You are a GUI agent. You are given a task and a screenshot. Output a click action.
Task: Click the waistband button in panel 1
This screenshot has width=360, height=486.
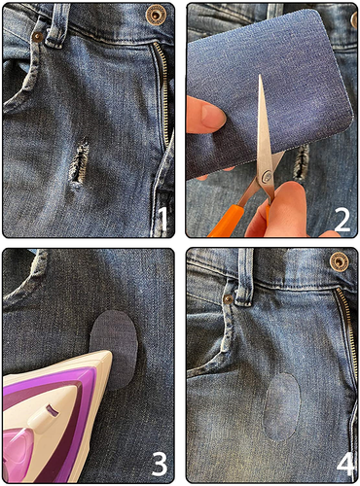click(x=155, y=15)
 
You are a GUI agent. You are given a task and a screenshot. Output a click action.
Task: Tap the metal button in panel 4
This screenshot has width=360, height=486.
click(x=339, y=260)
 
